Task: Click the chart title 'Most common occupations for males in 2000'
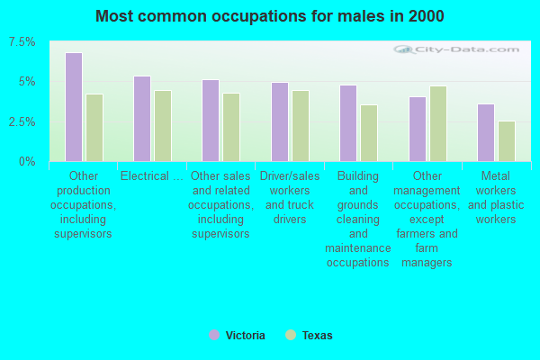(x=269, y=16)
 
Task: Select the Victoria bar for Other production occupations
(x=74, y=107)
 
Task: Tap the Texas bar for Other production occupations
(x=94, y=128)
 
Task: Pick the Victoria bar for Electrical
(x=142, y=119)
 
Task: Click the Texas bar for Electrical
(x=163, y=126)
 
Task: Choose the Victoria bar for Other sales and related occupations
(x=211, y=121)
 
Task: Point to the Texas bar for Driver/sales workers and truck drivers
(x=301, y=126)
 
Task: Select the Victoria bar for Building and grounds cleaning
(x=348, y=123)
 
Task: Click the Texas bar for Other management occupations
(x=438, y=123)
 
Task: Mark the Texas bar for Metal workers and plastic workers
(x=507, y=141)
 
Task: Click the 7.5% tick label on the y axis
(x=22, y=42)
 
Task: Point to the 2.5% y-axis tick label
(x=22, y=121)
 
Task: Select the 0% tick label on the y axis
(x=28, y=161)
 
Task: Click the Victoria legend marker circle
(x=214, y=335)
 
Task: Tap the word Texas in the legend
(x=317, y=336)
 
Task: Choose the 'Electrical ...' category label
(x=151, y=176)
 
